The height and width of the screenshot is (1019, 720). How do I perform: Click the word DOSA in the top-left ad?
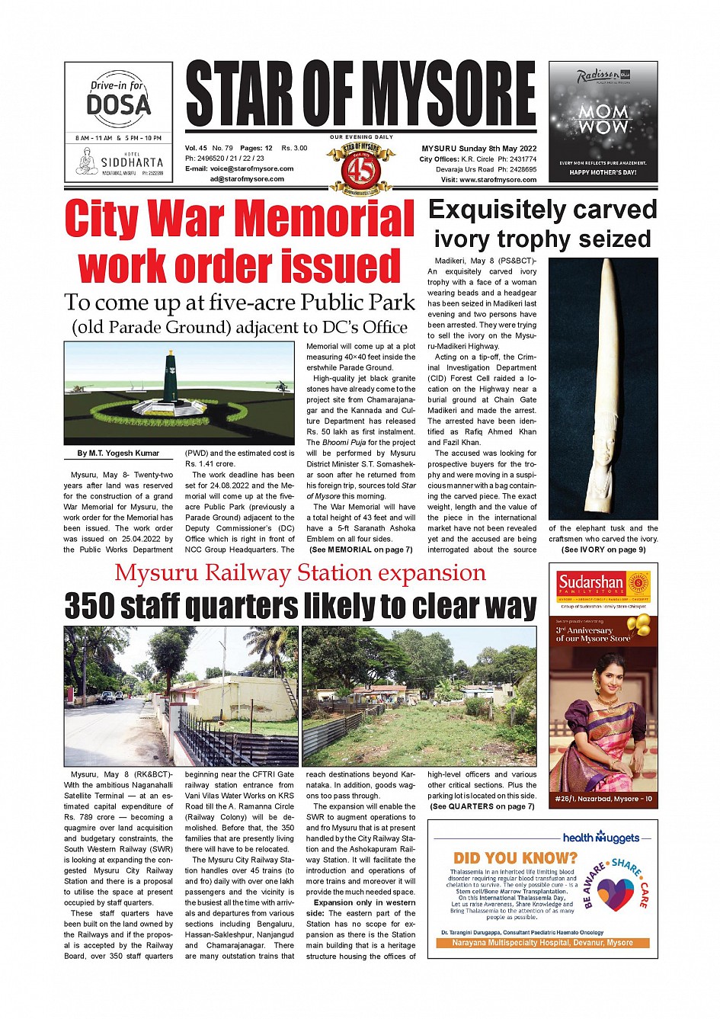pyautogui.click(x=118, y=104)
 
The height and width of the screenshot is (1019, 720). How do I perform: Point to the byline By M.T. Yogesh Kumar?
pyautogui.click(x=118, y=453)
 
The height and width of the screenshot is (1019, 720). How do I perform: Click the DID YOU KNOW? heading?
pyautogui.click(x=515, y=858)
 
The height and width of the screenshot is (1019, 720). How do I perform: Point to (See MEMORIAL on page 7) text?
pyautogui.click(x=360, y=550)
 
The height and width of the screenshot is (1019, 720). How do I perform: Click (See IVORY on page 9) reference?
pyautogui.click(x=603, y=550)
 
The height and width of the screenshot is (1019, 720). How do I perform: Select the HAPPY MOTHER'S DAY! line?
pyautogui.click(x=603, y=173)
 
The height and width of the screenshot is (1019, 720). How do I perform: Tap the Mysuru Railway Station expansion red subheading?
pyautogui.click(x=300, y=573)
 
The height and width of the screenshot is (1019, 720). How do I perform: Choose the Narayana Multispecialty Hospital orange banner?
pyautogui.click(x=542, y=943)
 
